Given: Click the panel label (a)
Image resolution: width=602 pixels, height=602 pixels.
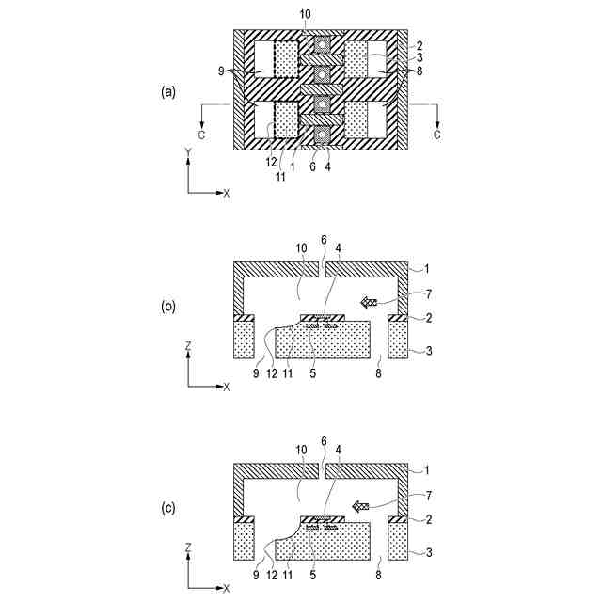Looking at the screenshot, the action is click(168, 91).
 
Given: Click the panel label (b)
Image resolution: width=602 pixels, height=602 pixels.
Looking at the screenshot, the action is click(168, 308).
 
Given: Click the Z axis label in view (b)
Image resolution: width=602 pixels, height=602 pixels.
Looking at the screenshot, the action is click(189, 345).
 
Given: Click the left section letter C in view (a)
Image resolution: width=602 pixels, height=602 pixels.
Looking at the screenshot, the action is click(202, 135).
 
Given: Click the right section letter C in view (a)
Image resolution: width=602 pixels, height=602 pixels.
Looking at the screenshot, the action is click(436, 135).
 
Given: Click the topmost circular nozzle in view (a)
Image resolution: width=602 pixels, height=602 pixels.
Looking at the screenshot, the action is click(322, 44).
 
